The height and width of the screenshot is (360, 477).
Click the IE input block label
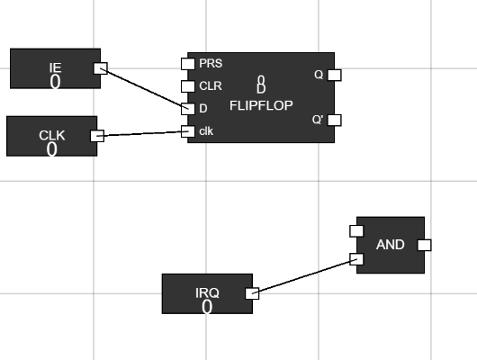coord(55,67)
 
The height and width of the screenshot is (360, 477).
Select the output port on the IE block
coord(101,67)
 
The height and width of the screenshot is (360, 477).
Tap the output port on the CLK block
coord(97,136)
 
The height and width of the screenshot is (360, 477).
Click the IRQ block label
coord(207,293)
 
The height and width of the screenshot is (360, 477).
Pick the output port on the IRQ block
coord(252,292)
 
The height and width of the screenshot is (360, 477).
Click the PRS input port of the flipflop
coord(187,64)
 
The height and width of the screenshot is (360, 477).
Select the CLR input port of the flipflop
coord(187,86)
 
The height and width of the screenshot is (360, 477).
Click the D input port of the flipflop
coord(187,109)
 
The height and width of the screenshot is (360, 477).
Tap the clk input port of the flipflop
coord(187,131)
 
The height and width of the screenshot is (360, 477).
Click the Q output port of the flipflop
coord(333,75)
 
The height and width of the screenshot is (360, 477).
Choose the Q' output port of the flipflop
coord(333,120)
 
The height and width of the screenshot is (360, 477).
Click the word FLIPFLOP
coord(261,105)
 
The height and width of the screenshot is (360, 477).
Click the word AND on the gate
coord(390,244)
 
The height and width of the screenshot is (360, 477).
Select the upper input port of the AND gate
coord(355,230)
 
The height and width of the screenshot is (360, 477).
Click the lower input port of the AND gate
coord(355,260)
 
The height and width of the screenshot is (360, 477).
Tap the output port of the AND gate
coord(425,245)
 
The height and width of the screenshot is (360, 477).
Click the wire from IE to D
coord(144,88)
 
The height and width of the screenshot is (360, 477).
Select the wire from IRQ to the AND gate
coord(304,276)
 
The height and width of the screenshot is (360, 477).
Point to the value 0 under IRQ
coord(207,307)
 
